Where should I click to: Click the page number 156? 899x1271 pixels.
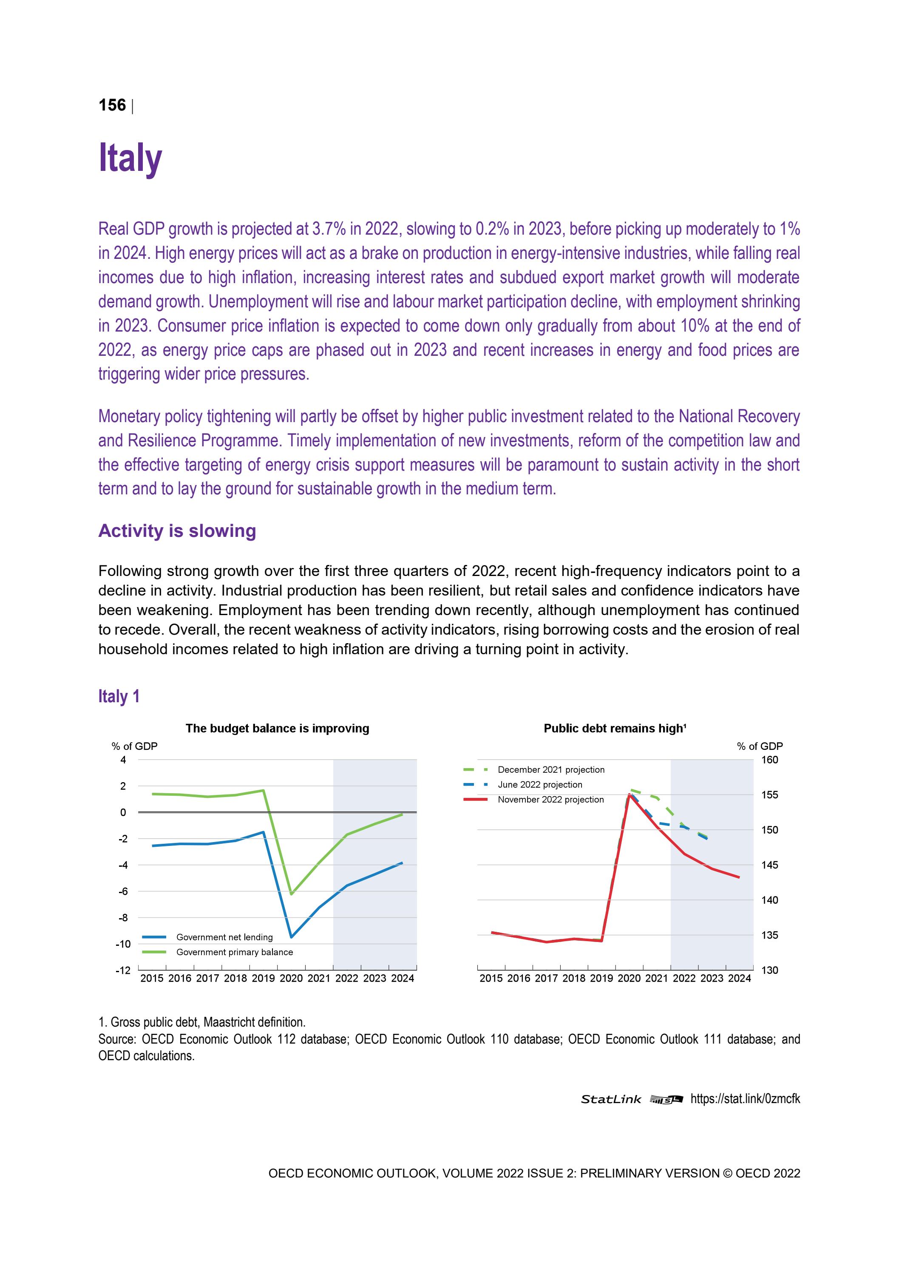tap(112, 105)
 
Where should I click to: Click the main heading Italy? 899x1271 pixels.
tap(130, 158)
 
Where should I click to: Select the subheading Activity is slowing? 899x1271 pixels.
tap(177, 531)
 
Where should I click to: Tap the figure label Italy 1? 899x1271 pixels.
tap(119, 696)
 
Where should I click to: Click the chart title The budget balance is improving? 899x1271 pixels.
tap(277, 729)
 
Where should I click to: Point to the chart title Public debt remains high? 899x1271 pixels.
tap(615, 729)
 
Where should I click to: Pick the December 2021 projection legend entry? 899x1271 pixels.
tap(551, 769)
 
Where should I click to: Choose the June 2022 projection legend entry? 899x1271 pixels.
tap(540, 784)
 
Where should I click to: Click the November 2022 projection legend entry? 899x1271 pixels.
tap(550, 799)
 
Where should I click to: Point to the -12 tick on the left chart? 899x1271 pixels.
tap(123, 970)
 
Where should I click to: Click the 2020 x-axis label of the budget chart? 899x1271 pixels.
tap(291, 979)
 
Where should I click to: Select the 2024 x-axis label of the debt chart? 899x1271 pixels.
tap(740, 979)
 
